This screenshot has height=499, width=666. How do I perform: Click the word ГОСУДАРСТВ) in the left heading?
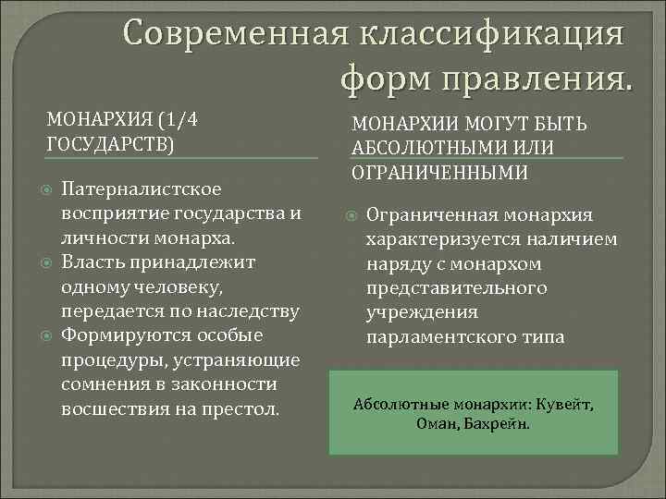click(x=109, y=144)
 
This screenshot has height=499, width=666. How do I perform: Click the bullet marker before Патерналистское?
click(x=46, y=189)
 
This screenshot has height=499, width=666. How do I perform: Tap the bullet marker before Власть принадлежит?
click(x=46, y=262)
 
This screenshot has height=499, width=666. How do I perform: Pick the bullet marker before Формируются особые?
click(x=46, y=335)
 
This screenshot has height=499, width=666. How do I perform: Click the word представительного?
click(x=457, y=288)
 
